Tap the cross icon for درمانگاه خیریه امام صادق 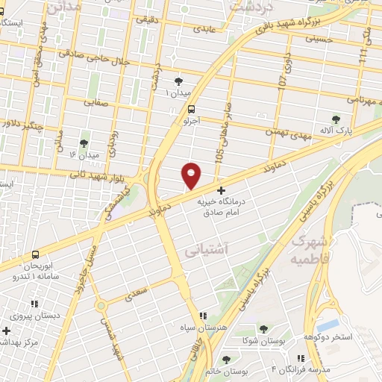[219, 190]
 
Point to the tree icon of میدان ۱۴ [83, 143]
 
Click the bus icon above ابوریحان [35, 254]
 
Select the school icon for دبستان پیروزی [34, 304]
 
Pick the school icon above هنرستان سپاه [203, 316]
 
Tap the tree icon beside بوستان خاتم [226, 360]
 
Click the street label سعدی [135, 297]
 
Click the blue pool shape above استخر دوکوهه [326, 326]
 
